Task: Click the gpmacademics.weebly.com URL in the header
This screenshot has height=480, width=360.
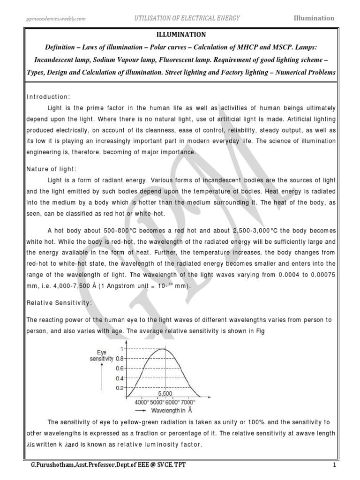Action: tap(56, 18)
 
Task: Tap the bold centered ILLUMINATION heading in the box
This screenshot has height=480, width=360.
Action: tap(180, 34)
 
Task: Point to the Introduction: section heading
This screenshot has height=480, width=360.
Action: tap(48, 97)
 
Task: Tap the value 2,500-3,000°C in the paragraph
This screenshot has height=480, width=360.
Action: tap(256, 232)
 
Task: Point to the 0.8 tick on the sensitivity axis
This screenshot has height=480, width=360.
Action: tap(120, 358)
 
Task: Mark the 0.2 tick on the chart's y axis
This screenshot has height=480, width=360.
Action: tap(120, 388)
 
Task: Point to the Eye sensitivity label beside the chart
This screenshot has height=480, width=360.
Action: tap(102, 355)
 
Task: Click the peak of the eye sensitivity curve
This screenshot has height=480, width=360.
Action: tap(162, 349)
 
